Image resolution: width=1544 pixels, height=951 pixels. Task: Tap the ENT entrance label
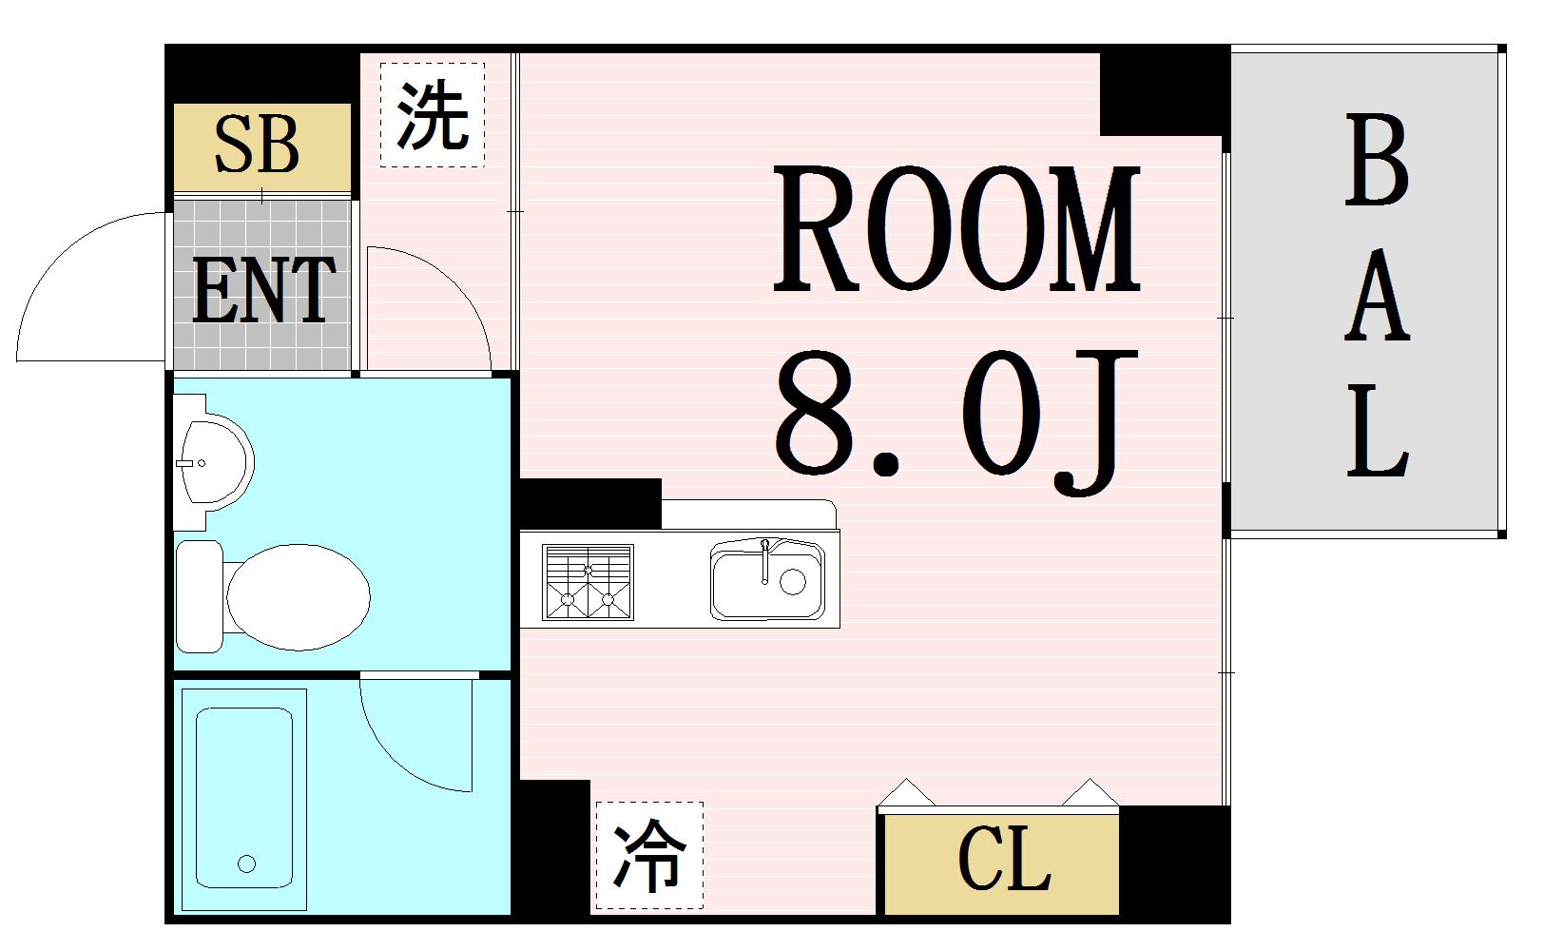(x=263, y=290)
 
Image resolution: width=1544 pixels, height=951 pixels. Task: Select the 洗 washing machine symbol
(x=433, y=115)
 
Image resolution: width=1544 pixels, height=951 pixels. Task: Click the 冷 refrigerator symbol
(x=649, y=855)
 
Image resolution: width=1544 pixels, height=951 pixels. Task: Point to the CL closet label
(x=1004, y=861)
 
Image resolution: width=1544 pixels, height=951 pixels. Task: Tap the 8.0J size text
(x=956, y=419)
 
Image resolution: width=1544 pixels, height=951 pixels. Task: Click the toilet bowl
(x=297, y=596)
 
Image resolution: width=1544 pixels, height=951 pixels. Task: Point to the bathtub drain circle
(x=247, y=864)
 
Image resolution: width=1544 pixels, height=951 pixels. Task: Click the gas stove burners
(x=587, y=582)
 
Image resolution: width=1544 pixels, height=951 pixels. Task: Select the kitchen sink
(x=765, y=581)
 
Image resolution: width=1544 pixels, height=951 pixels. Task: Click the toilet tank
(x=198, y=596)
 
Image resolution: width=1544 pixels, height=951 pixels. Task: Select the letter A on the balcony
(x=1376, y=300)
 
